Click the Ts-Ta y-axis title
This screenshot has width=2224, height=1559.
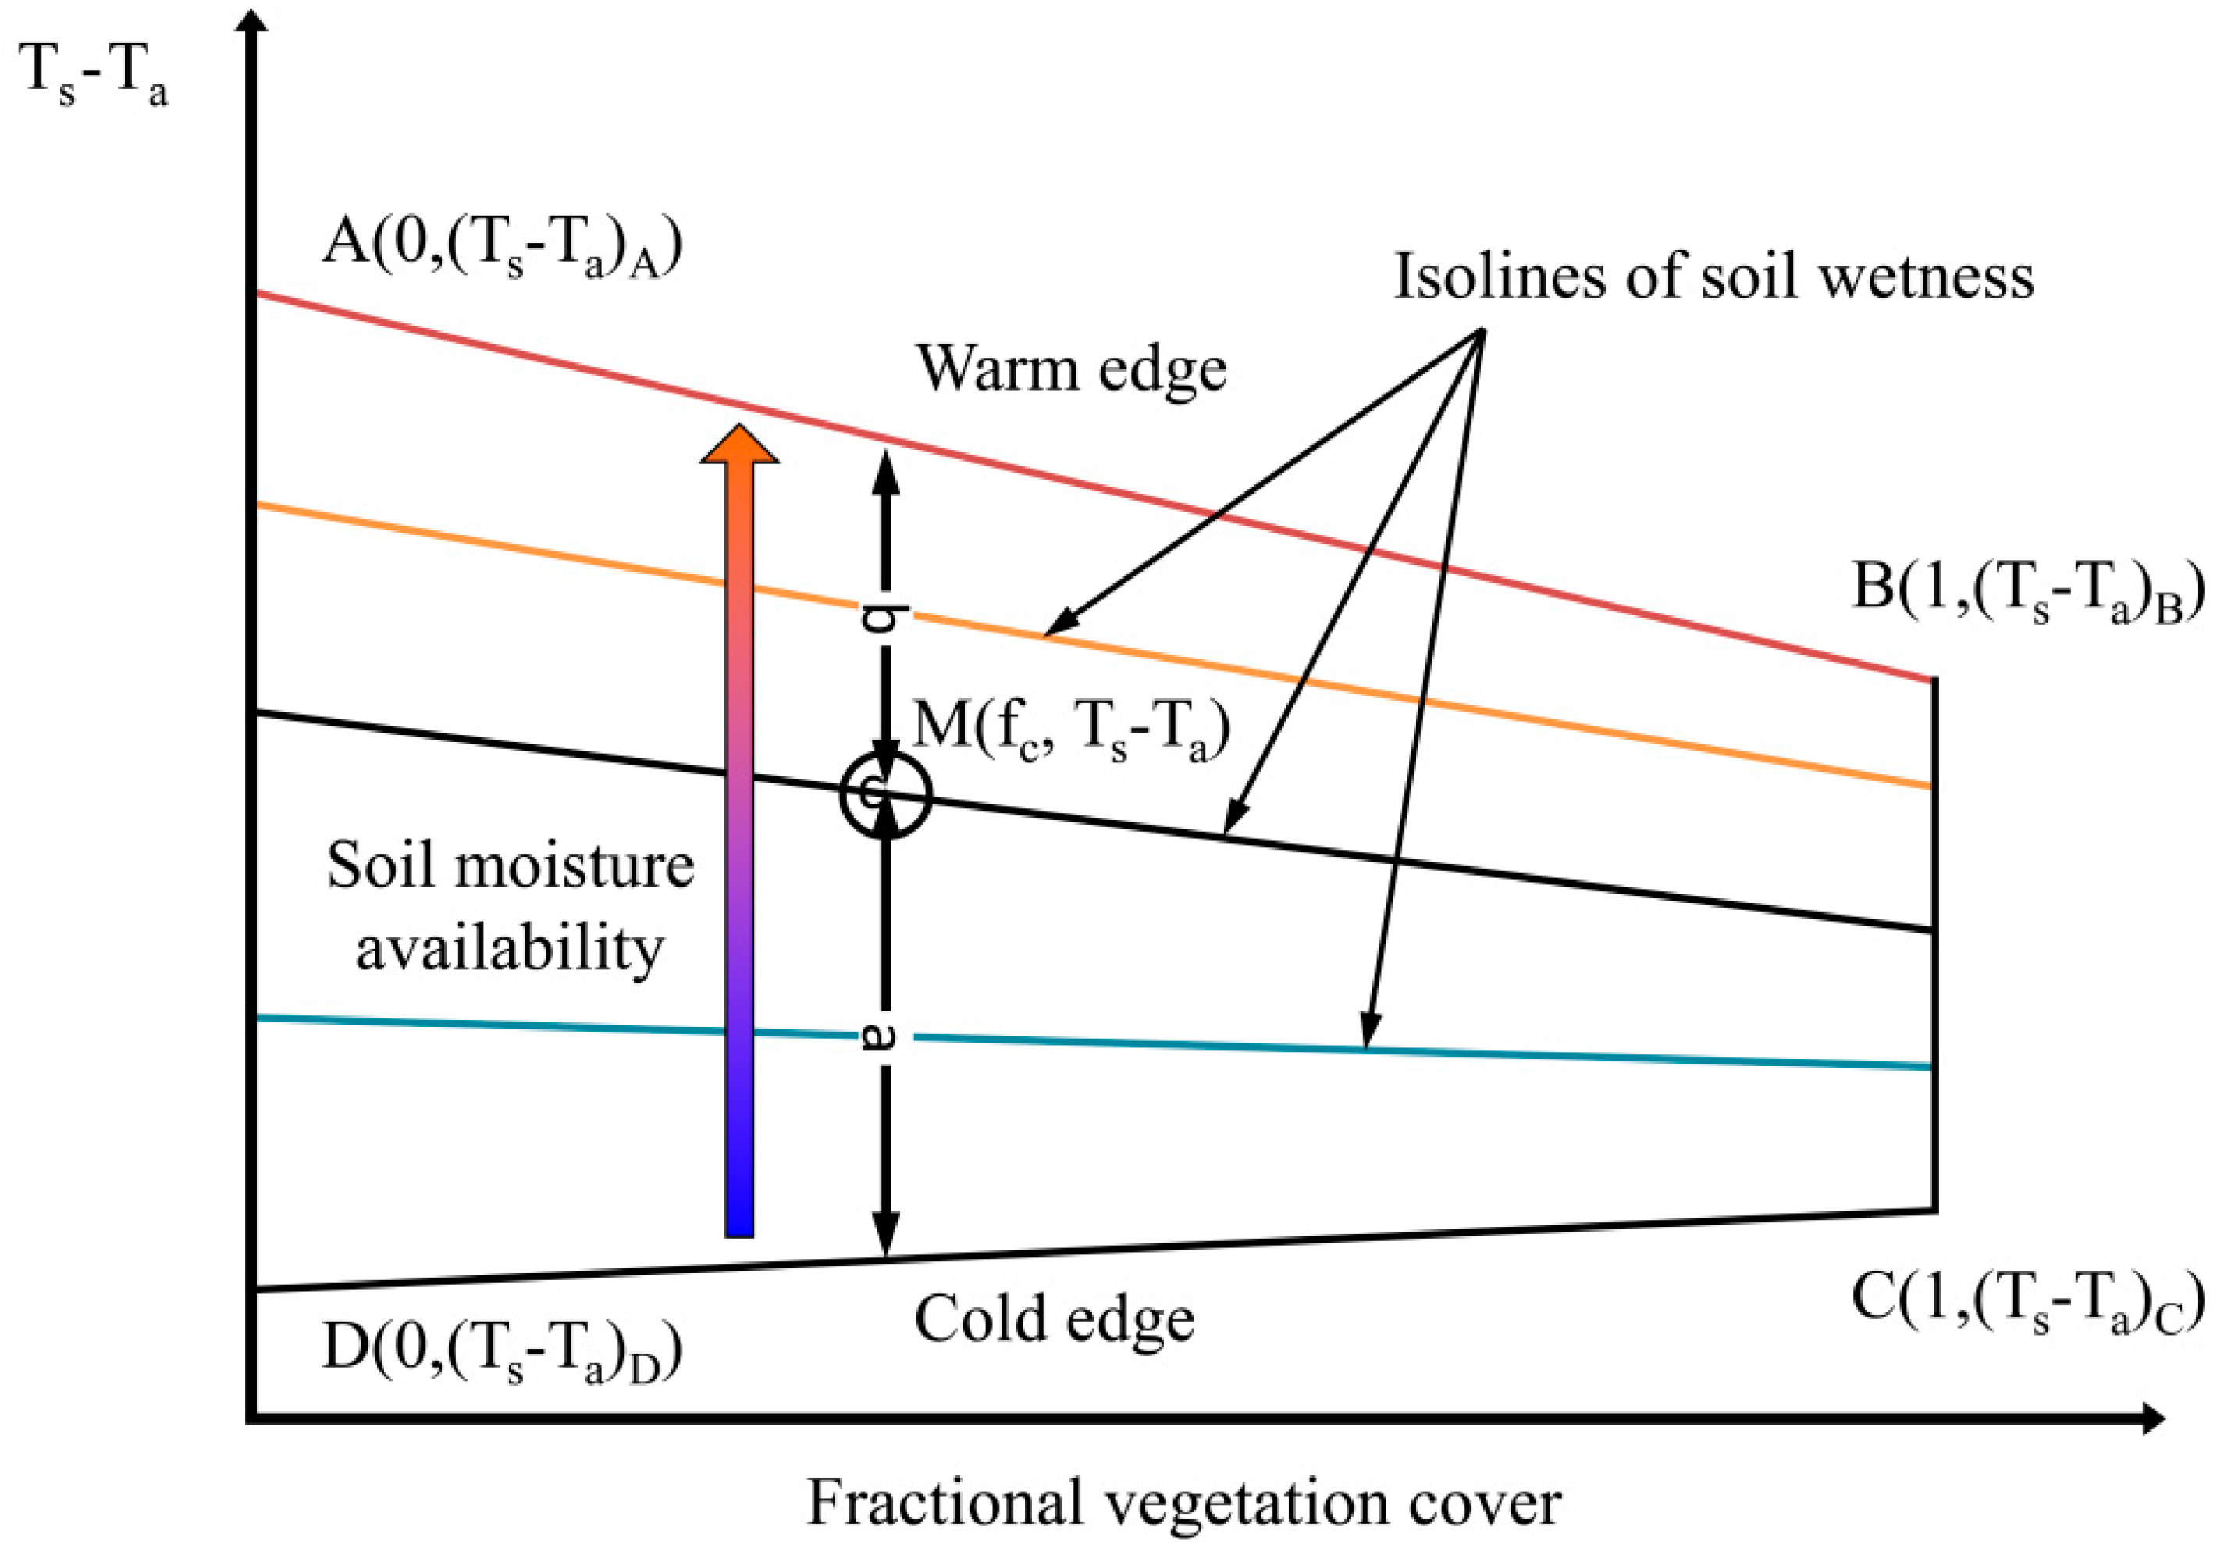[x=93, y=76]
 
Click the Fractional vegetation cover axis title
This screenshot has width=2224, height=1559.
[x=1183, y=1503]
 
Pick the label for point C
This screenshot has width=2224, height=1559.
[x=2027, y=1300]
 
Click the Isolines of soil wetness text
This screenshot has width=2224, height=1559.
[x=1713, y=277]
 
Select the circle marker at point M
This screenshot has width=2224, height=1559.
[x=885, y=794]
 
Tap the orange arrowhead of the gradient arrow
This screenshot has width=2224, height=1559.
[x=739, y=446]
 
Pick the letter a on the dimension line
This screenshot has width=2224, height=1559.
[x=884, y=1036]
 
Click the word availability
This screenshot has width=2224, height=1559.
[x=511, y=948]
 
